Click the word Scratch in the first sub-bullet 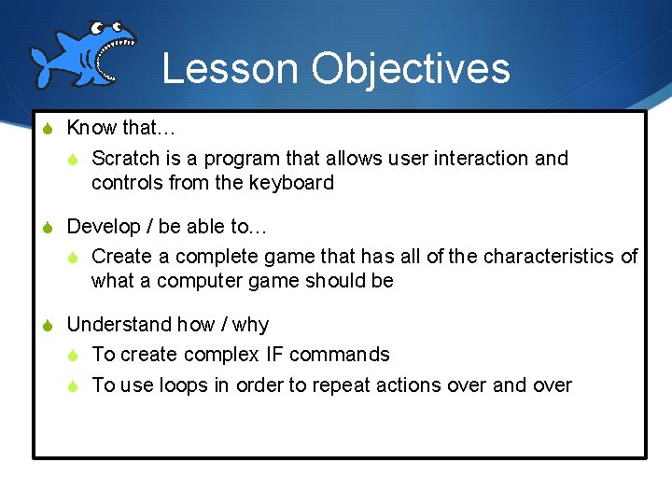click(x=125, y=159)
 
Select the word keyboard click(x=291, y=183)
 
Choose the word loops click(x=181, y=385)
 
